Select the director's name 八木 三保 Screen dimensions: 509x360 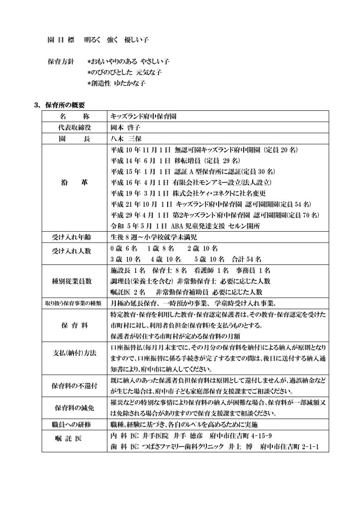(123, 137)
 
